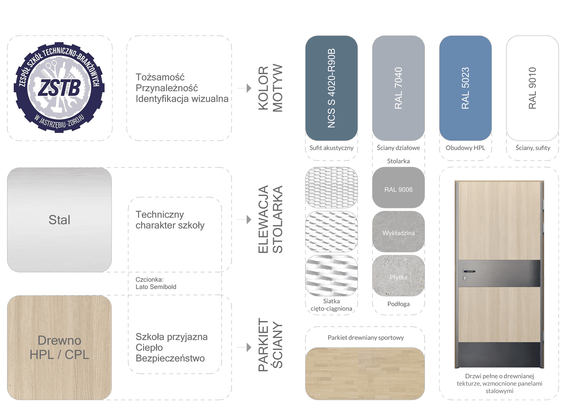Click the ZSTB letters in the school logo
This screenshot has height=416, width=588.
click(59, 88)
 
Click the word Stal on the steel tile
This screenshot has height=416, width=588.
click(59, 220)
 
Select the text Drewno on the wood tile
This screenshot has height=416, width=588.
click(59, 340)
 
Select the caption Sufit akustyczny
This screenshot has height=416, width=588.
click(331, 148)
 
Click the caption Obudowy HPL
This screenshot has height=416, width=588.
click(465, 148)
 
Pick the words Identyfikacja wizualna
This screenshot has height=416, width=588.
click(182, 99)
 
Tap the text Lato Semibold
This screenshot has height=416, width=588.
click(156, 287)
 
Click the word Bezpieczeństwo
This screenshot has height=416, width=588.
click(170, 358)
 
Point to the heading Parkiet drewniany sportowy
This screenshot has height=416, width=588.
click(366, 338)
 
